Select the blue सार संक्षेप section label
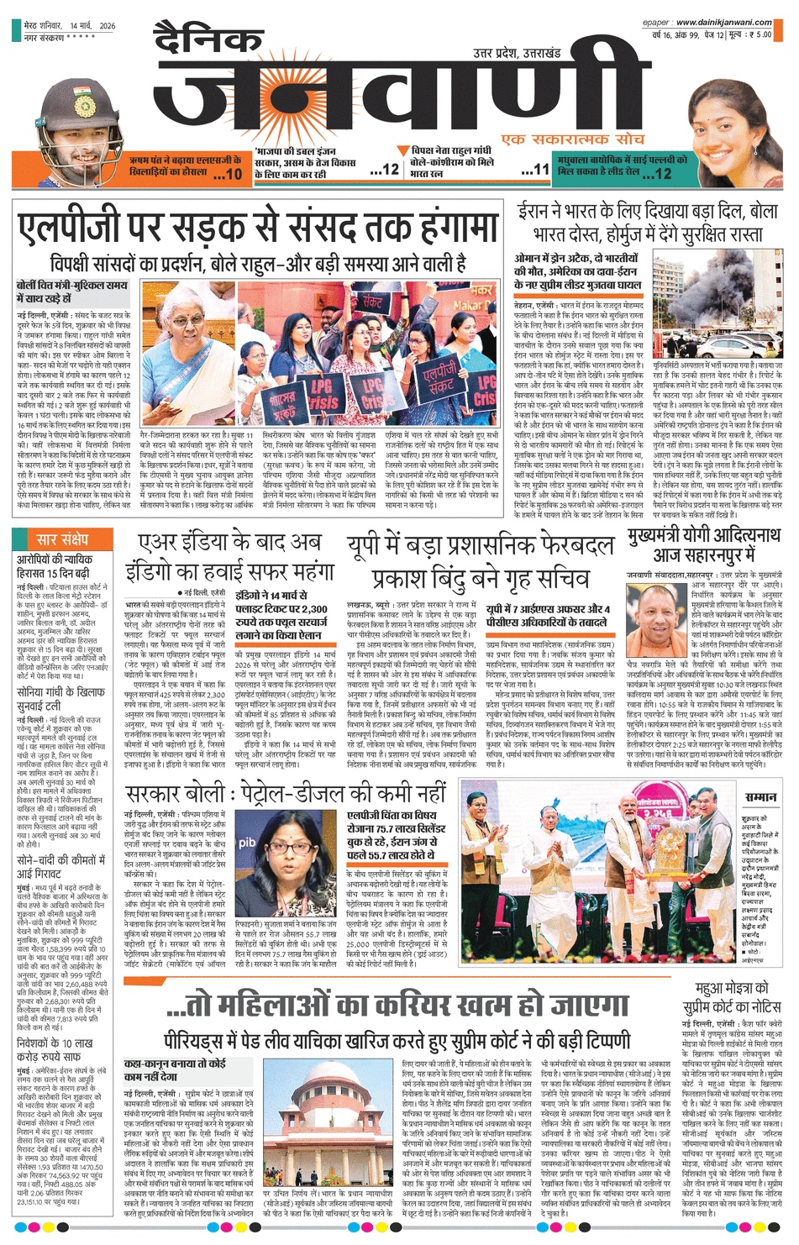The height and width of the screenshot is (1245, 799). point(62,538)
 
